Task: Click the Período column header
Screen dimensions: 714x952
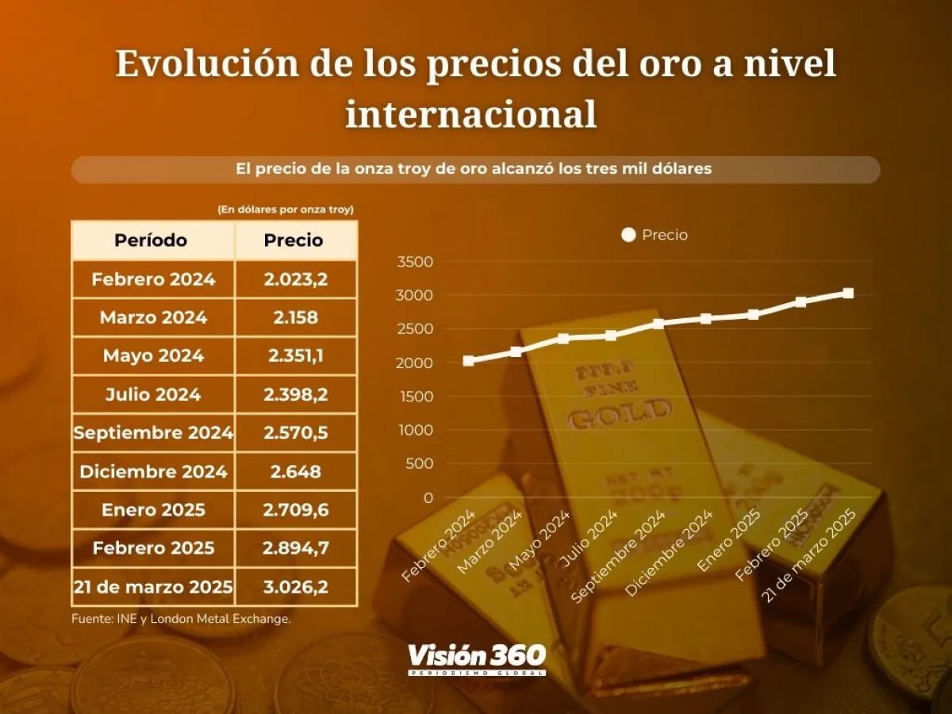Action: click(x=151, y=240)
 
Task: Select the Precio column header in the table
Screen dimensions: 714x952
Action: click(x=294, y=240)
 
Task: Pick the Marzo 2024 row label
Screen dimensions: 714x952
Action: click(x=153, y=317)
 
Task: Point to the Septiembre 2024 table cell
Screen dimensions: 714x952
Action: click(x=153, y=433)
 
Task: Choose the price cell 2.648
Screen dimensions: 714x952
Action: click(x=294, y=472)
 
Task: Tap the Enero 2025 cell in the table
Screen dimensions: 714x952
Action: click(x=153, y=509)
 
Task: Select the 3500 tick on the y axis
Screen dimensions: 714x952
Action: click(x=416, y=263)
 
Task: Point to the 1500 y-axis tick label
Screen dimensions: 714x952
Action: click(x=416, y=397)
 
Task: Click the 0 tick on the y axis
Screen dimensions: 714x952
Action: click(x=428, y=497)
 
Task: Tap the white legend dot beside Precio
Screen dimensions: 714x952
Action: click(x=628, y=235)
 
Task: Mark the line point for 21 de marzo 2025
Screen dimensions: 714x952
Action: click(x=848, y=293)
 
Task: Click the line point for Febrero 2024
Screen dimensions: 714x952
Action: click(x=468, y=361)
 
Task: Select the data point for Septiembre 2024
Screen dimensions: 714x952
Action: click(x=658, y=324)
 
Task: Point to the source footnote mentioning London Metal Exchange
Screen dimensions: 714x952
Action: click(x=181, y=619)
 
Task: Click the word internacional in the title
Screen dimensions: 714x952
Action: click(x=471, y=113)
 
